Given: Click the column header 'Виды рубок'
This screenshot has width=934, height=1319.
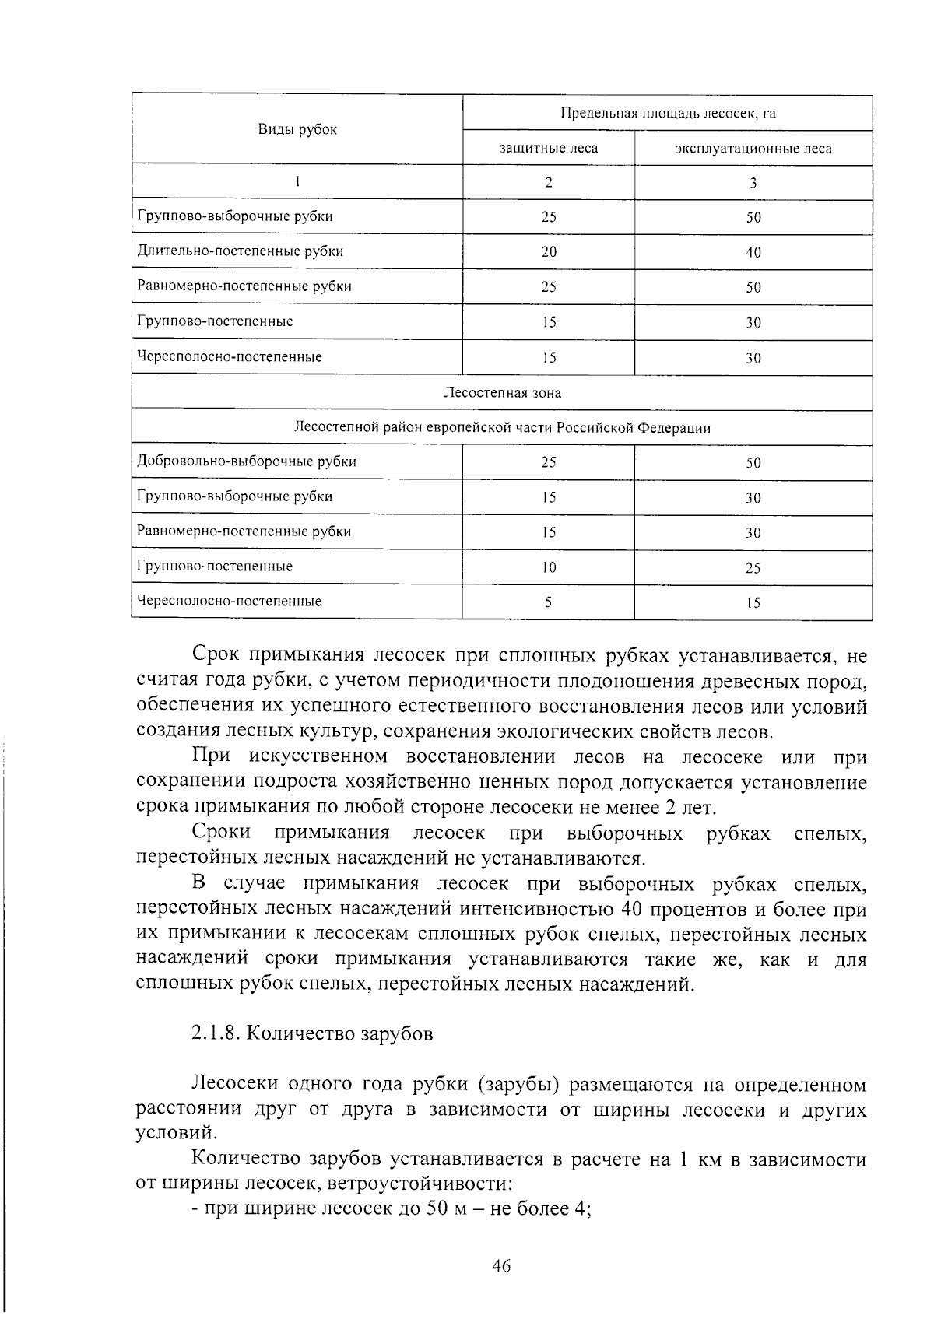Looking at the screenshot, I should (x=297, y=130).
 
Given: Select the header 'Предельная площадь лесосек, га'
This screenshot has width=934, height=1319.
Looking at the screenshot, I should (x=668, y=114).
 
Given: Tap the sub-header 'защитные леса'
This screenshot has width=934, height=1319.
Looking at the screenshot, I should (x=549, y=149).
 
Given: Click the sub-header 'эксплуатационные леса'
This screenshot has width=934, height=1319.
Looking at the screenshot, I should (x=753, y=149).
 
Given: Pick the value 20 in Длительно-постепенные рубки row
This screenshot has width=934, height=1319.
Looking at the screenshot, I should (x=549, y=252).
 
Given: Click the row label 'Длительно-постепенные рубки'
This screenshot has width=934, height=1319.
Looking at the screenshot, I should (x=240, y=251).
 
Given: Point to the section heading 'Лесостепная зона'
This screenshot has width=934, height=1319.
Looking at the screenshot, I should (x=502, y=393).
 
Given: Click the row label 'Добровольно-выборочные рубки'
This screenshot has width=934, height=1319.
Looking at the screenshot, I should (x=247, y=461).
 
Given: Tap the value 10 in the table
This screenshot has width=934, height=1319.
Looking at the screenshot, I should (x=549, y=568).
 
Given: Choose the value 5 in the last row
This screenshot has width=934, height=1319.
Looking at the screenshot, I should (x=549, y=602).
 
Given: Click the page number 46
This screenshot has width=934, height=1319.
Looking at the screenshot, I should (x=501, y=1266).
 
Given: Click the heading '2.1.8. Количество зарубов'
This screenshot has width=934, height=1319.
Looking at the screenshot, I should (x=312, y=1034).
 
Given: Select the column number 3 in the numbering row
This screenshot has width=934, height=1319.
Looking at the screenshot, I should (x=753, y=184).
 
